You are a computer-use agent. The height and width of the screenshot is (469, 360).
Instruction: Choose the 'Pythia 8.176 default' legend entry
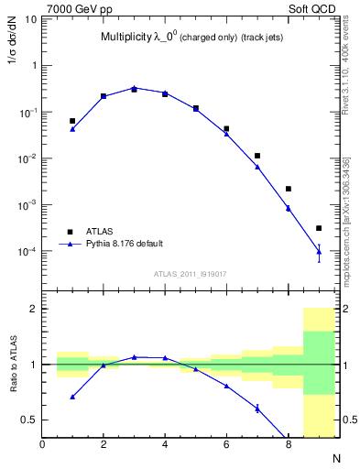125,245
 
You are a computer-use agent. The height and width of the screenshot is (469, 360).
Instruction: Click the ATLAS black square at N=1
72,121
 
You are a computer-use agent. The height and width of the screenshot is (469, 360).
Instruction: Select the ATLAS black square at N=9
319,228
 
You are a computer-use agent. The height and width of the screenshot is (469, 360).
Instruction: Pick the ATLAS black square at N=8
288,189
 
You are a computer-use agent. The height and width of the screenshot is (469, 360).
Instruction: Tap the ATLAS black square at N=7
257,156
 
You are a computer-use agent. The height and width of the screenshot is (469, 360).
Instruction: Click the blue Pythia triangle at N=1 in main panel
72,129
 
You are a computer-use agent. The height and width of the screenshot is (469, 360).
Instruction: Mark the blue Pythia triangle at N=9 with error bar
319,250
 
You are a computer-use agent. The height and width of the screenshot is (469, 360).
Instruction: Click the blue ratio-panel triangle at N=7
257,409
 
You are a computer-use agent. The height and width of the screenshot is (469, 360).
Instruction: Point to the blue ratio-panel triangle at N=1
72,397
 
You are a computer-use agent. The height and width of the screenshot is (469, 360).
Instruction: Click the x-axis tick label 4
165,445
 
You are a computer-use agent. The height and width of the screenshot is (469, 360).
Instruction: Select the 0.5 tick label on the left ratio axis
29,420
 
